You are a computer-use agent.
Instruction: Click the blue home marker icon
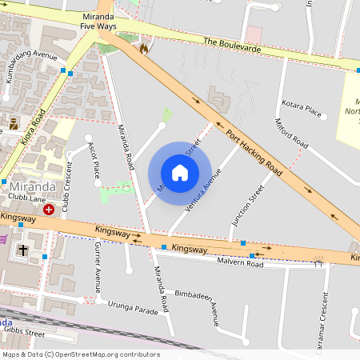click(180, 173)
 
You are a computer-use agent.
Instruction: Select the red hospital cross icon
click(49, 210)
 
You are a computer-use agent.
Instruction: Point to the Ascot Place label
click(95, 160)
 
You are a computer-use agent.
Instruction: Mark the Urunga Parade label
click(133, 308)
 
